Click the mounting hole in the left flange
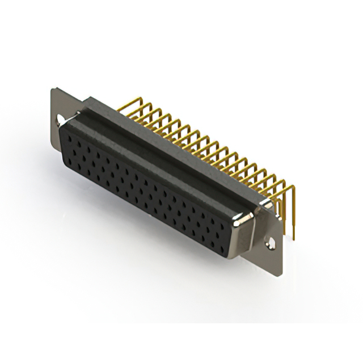tap(60, 120)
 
